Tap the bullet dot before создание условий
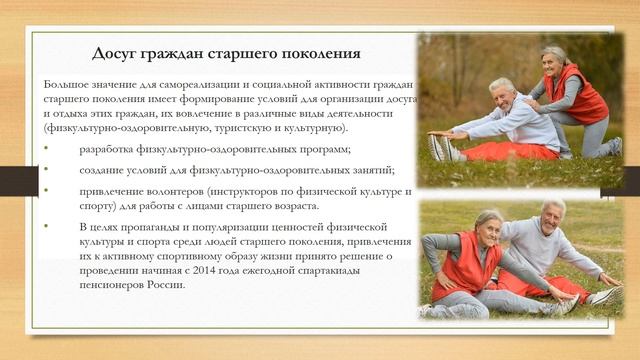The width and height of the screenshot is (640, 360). point(45,170)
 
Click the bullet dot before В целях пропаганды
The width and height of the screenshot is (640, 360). point(45,228)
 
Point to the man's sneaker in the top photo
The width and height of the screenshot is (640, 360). point(441,148)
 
